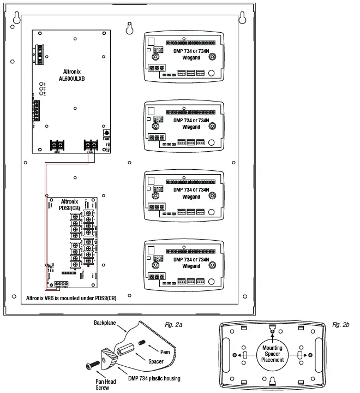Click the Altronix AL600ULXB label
coord(75,75)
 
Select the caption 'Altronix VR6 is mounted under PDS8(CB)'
coord(71,298)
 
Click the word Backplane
coord(106,322)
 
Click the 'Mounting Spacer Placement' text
coord(273,354)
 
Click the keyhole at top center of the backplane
coord(129,27)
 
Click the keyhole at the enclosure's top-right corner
coord(241,20)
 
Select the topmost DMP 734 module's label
coord(188,54)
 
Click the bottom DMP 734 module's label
coord(188,263)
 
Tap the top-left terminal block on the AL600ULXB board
coord(39,51)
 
